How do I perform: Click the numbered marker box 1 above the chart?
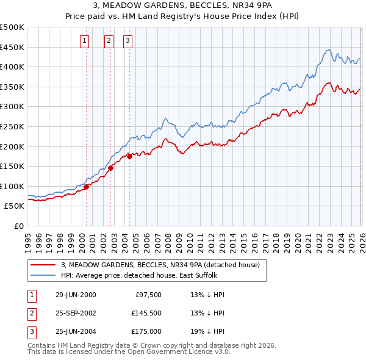point(84,41)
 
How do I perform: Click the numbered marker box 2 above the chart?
point(109,41)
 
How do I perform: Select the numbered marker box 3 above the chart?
point(128,41)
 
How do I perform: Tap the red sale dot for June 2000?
point(87,187)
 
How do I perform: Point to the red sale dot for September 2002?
point(111,168)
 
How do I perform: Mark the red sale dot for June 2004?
point(130,156)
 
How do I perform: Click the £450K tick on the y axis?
point(12,47)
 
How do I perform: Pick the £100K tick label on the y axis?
point(12,186)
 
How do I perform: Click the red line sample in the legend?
point(43,265)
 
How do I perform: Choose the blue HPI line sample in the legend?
point(43,275)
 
